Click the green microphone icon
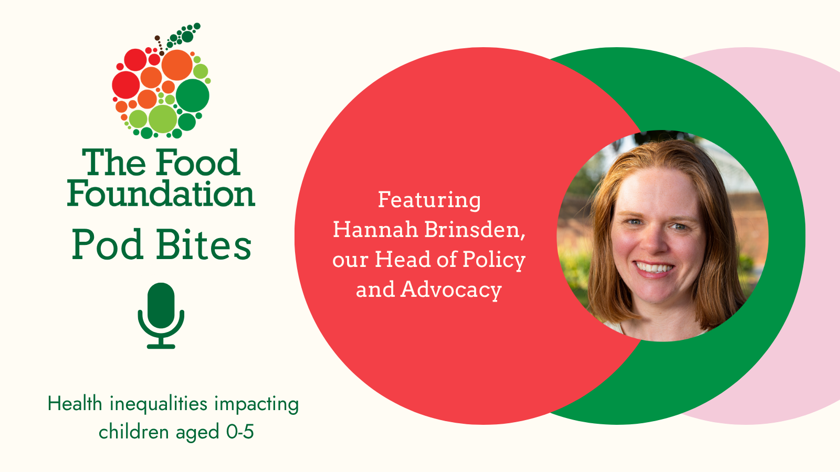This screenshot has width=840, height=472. pos(161,315)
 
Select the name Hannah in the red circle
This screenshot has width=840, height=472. pos(375,229)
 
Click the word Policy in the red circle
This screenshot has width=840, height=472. pos(494,260)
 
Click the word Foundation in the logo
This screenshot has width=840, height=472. pos(161,194)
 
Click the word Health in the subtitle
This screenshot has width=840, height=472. pos(75,404)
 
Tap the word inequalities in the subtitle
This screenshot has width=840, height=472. pos(159,404)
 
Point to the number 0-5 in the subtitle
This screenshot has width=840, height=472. pos(240,432)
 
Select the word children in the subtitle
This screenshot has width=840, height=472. pos(133,431)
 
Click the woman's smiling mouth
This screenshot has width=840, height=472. pos(654,268)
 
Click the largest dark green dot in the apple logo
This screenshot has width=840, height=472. pos(192,95)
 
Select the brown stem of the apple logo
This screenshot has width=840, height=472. pos(159,45)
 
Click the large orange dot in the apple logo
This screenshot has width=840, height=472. pos(177,65)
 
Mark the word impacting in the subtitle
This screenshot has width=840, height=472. pos(257,404)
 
